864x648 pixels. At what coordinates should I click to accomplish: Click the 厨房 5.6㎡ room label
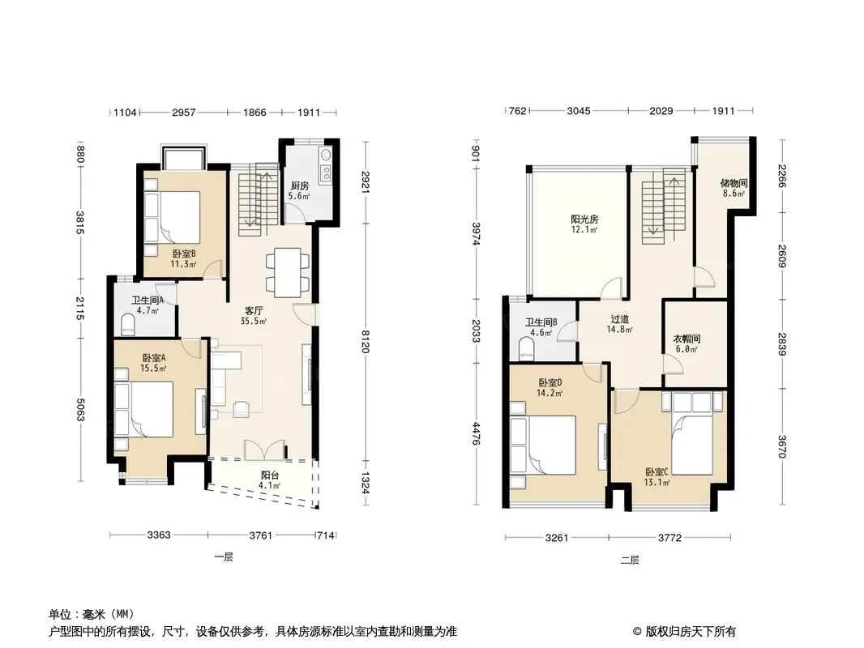[300, 190]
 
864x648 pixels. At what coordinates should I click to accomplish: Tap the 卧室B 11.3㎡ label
[183, 258]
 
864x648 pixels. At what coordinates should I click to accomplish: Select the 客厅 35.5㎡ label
[254, 316]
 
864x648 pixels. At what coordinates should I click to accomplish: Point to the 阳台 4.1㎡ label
[269, 480]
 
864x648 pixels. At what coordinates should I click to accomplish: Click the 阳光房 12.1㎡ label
[584, 224]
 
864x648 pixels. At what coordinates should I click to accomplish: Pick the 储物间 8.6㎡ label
[734, 188]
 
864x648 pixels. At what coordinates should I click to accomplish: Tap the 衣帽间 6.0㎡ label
[686, 343]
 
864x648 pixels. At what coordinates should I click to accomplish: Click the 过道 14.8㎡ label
[619, 324]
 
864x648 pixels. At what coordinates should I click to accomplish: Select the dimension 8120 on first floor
[366, 341]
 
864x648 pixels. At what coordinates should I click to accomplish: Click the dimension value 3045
[579, 111]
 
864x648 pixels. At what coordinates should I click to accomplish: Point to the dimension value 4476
[477, 433]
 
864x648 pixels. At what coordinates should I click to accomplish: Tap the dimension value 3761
[261, 535]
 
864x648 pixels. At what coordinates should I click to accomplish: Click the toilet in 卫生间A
[128, 325]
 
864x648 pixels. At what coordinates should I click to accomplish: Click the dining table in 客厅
[287, 273]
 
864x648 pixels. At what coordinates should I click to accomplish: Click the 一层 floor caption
[224, 557]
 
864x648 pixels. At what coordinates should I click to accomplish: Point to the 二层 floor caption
[630, 561]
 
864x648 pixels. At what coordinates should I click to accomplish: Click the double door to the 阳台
[264, 450]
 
